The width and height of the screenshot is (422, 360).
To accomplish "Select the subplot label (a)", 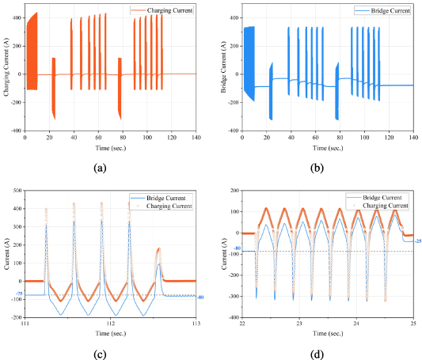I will pos(100,167).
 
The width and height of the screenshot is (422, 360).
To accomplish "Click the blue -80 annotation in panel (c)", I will pos(201,297).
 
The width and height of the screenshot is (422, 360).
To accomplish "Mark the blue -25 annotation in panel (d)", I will pos(417,241).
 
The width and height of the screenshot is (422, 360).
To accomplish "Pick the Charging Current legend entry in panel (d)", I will pos(376,204).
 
